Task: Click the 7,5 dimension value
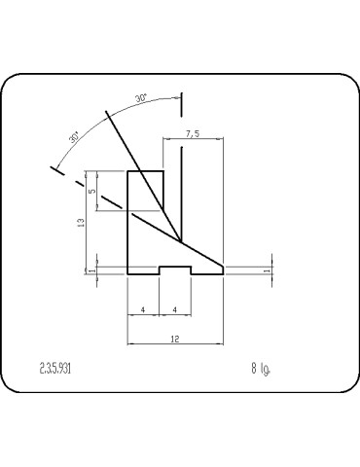pyautogui.click(x=191, y=134)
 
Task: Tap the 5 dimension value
pyautogui.click(x=92, y=192)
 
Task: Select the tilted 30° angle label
pyautogui.click(x=75, y=138)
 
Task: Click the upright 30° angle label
pyautogui.click(x=141, y=98)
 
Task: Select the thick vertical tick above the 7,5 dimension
pyautogui.click(x=182, y=104)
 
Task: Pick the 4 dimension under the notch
pyautogui.click(x=175, y=309)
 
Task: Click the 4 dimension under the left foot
pyautogui.click(x=144, y=309)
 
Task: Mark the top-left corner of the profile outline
pyautogui.click(x=128, y=171)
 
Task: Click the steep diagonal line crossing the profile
pyautogui.click(x=146, y=175)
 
